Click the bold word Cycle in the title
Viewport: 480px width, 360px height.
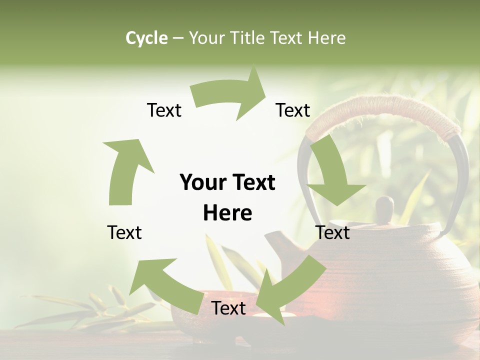(146, 38)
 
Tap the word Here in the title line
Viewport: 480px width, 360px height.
(327, 38)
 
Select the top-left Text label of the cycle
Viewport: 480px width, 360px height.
(164, 110)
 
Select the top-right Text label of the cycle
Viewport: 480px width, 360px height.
(293, 110)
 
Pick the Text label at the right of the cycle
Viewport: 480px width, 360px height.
(332, 232)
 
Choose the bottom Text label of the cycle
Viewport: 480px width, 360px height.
(228, 308)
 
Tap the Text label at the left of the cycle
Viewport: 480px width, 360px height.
(124, 232)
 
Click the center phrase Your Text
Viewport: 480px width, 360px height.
(227, 182)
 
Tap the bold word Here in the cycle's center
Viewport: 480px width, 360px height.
(227, 213)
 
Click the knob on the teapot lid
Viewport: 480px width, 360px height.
(384, 209)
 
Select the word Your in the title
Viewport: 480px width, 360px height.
(207, 38)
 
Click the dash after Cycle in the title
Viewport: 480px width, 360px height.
(178, 38)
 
